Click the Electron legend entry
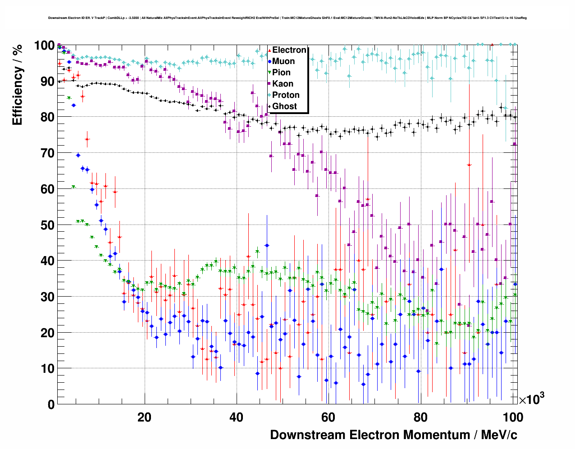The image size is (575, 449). pos(289,50)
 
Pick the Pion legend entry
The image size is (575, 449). pos(281,73)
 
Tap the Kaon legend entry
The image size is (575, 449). pos(283,84)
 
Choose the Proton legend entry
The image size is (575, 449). pos(286,95)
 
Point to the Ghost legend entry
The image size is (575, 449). pos(284,106)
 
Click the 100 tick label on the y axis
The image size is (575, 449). pos(45,46)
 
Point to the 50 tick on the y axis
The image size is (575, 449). pos(47,225)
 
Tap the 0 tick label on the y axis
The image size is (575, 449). pos(51,405)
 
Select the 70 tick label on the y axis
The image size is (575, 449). pos(47,153)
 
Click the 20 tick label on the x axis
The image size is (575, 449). pos(144,417)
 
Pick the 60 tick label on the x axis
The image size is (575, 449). pos(328,417)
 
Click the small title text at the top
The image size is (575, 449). pos(287,18)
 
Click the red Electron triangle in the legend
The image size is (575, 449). pos(269,50)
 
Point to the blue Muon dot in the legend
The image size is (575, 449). pos(269,61)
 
